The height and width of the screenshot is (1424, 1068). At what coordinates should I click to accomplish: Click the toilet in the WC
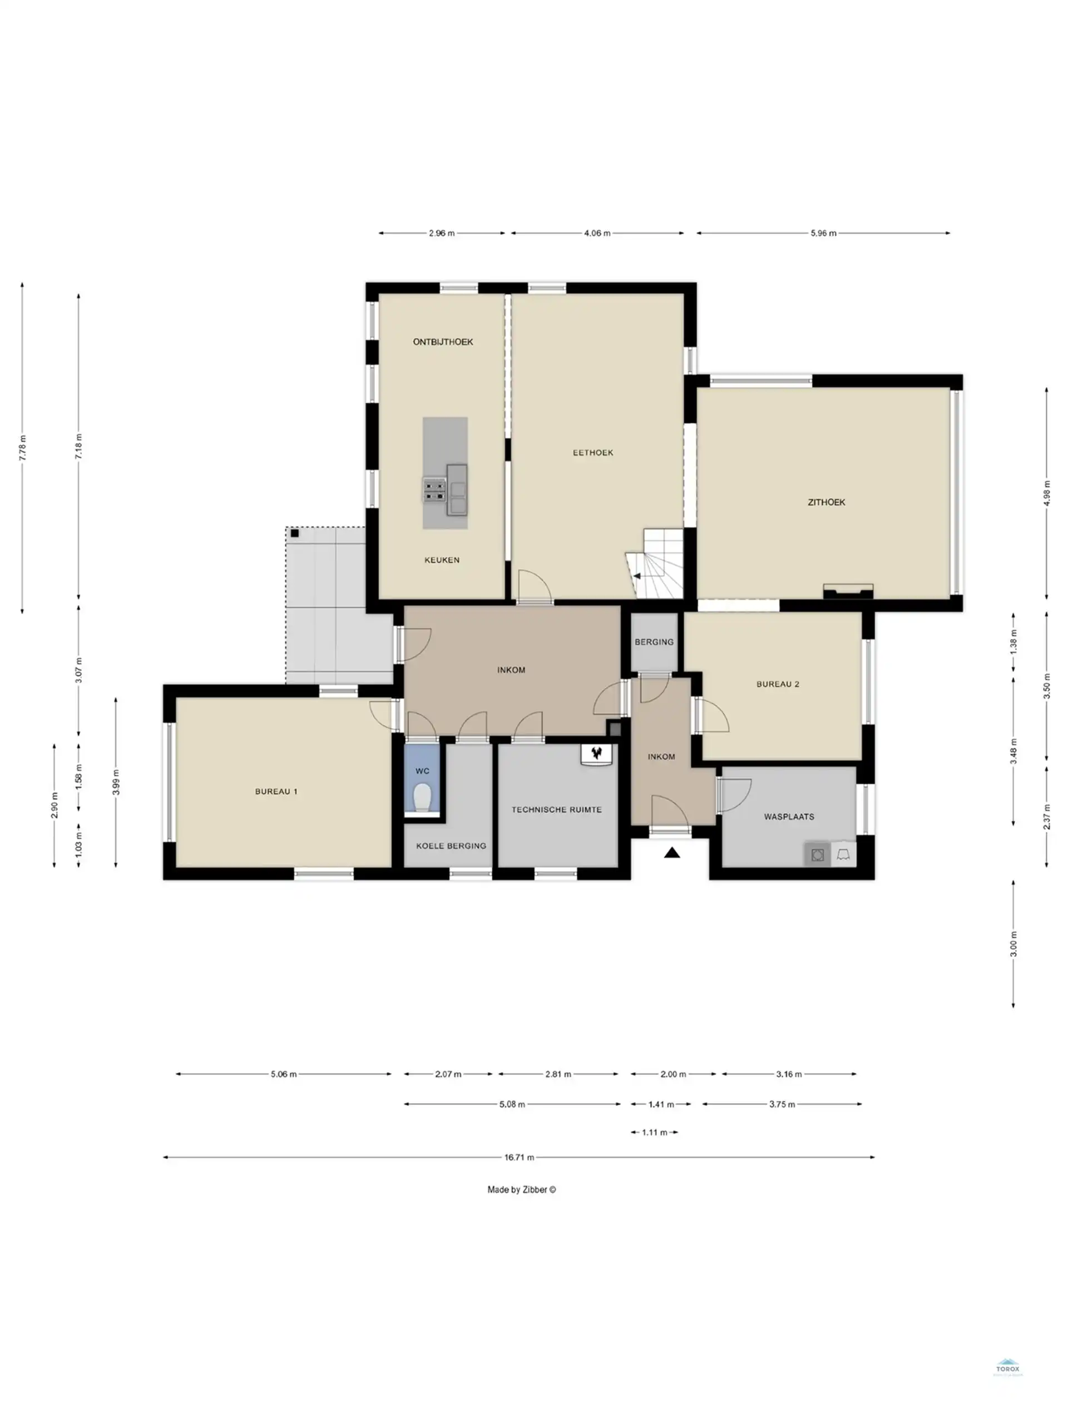click(422, 798)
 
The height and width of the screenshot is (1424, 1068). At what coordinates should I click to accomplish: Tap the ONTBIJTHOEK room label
click(442, 342)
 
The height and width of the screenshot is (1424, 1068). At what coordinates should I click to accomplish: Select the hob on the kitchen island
click(434, 490)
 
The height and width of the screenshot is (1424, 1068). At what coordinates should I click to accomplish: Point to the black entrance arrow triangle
click(671, 854)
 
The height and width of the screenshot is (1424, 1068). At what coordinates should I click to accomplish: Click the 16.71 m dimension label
click(519, 1157)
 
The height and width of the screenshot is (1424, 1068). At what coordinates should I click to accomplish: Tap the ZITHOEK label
click(826, 502)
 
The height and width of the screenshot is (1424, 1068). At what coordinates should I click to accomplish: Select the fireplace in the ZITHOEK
click(848, 591)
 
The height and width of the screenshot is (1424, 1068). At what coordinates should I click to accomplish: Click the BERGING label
click(654, 642)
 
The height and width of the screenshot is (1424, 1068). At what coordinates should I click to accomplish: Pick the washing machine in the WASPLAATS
click(817, 855)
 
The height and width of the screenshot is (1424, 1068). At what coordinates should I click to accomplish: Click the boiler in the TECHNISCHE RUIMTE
click(597, 754)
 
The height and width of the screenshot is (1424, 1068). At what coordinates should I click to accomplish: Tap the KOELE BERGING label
click(451, 846)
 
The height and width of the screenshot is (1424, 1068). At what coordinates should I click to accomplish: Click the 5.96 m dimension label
click(823, 233)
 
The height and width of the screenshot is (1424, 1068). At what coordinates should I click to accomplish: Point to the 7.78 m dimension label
click(23, 447)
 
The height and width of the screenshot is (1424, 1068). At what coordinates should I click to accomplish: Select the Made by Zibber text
click(521, 1190)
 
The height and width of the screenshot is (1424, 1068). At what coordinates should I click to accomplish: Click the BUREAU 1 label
click(275, 791)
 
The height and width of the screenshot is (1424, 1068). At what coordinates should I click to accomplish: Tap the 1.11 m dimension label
click(654, 1132)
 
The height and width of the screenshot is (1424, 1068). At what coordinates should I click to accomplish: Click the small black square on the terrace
click(294, 533)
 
